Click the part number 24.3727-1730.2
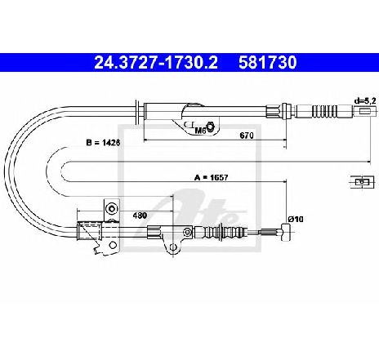click(x=156, y=62)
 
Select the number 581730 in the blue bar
click(x=268, y=62)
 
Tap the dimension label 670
click(x=247, y=136)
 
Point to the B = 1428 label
click(x=103, y=143)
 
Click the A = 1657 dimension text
click(x=212, y=178)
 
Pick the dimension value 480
click(x=140, y=216)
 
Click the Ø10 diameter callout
click(x=296, y=219)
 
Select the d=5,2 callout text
click(x=365, y=101)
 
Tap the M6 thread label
click(x=200, y=131)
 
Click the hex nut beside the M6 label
click(x=210, y=127)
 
